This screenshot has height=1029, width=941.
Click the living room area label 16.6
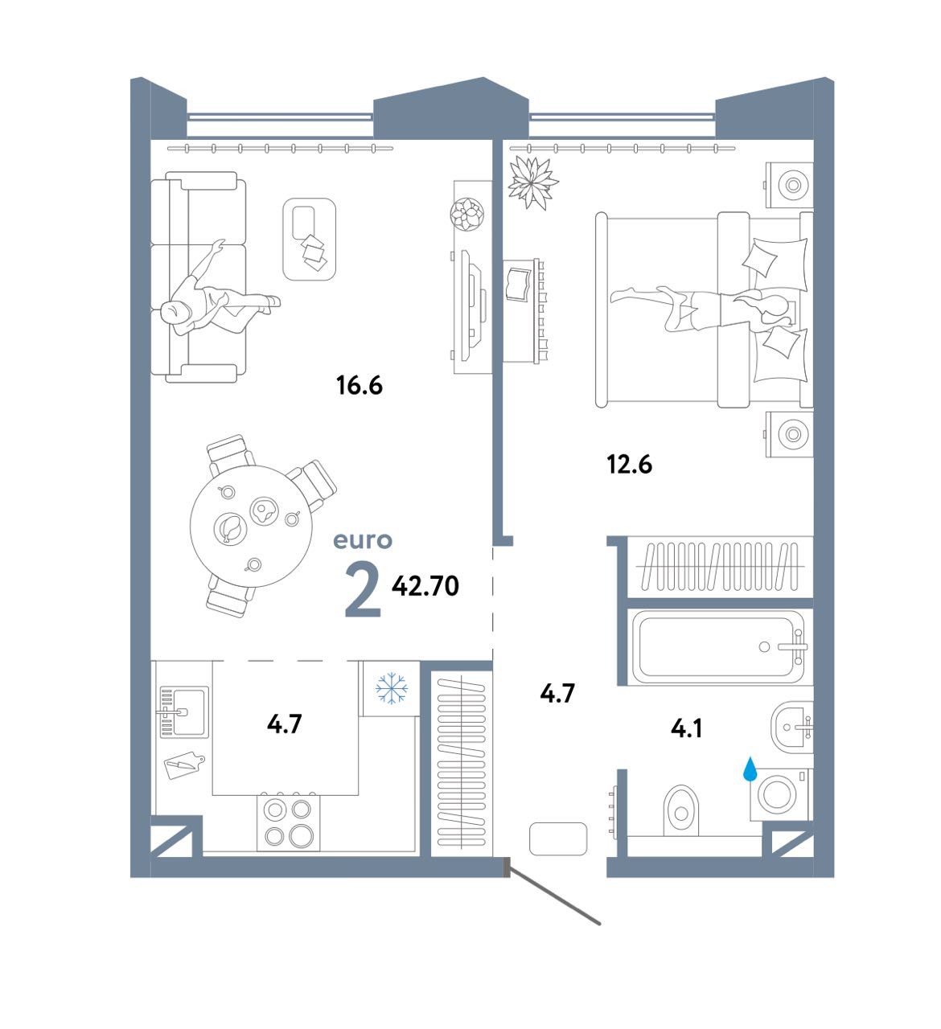click(x=359, y=385)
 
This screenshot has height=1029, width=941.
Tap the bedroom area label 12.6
click(x=629, y=464)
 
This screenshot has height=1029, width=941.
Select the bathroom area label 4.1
click(x=686, y=728)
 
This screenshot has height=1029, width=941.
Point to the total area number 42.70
click(x=425, y=586)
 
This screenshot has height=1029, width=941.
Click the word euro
click(x=363, y=541)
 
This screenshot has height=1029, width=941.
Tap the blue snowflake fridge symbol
click(x=392, y=688)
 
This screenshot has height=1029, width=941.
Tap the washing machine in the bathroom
click(x=779, y=794)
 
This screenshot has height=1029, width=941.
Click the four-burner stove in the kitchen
click(x=288, y=822)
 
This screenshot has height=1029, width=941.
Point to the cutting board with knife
click(x=184, y=765)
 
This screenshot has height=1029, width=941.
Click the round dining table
click(x=251, y=526)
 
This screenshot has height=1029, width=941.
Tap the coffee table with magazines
click(x=309, y=239)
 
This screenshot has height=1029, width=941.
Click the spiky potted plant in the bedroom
click(x=532, y=183)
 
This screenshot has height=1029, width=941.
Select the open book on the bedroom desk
click(x=518, y=285)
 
